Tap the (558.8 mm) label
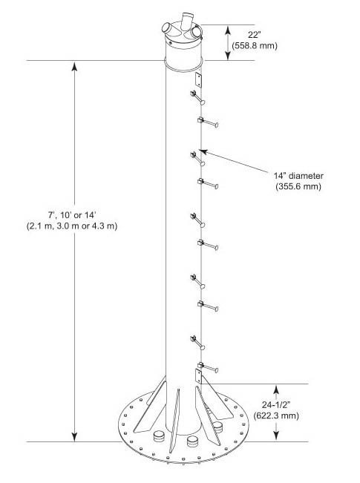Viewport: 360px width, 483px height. pyautogui.click(x=255, y=45)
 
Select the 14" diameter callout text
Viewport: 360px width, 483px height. pyautogui.click(x=298, y=176)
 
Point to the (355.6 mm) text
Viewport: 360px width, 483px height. pyautogui.click(x=298, y=186)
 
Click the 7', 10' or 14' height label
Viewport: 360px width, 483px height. pyautogui.click(x=72, y=214)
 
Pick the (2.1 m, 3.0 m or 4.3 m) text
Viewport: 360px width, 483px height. pyautogui.click(x=72, y=226)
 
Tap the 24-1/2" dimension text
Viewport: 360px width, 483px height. pyautogui.click(x=276, y=404)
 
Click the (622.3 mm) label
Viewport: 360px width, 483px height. pyautogui.click(x=276, y=415)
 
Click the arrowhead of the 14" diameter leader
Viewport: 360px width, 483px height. pyautogui.click(x=201, y=151)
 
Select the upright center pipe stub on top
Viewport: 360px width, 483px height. pyautogui.click(x=186, y=20)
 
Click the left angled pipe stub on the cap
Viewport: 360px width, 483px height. pyautogui.click(x=168, y=28)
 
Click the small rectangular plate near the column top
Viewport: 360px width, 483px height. pyautogui.click(x=199, y=79)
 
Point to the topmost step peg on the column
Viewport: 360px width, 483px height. pyautogui.click(x=197, y=96)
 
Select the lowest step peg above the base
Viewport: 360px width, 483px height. pyautogui.click(x=208, y=367)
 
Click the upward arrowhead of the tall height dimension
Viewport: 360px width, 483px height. pyautogui.click(x=74, y=66)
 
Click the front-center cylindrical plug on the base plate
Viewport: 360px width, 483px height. pyautogui.click(x=194, y=441)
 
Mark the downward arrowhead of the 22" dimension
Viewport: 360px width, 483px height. pyautogui.click(x=228, y=56)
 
